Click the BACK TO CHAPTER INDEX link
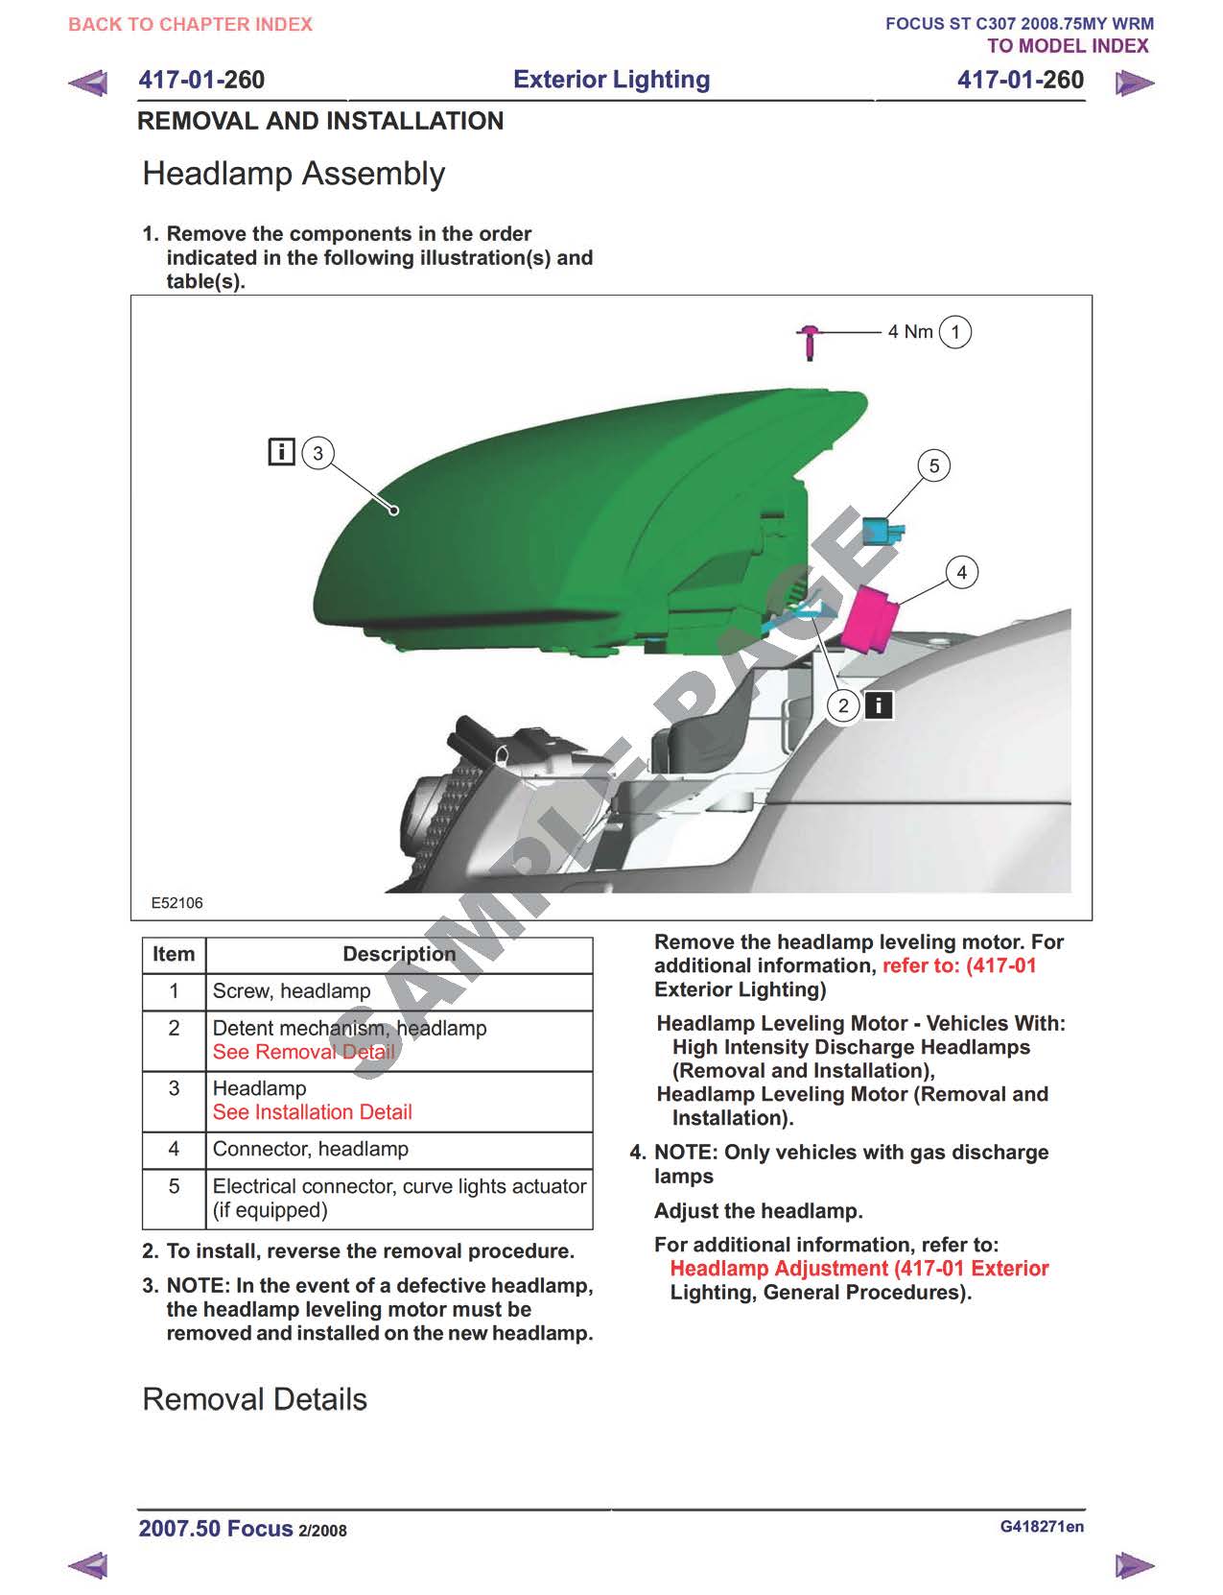tap(190, 24)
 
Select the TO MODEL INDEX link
tap(1067, 46)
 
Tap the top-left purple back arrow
tap(88, 83)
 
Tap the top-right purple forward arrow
tap(1135, 83)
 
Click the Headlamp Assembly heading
tap(294, 174)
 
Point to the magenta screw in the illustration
tap(811, 341)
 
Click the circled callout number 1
tap(954, 332)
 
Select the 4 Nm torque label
tap(909, 332)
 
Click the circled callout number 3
tap(318, 453)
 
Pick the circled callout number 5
tap(933, 466)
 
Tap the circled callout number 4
tap(961, 573)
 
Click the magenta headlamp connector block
tap(870, 617)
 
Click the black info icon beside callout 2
tap(879, 705)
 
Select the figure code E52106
tap(177, 903)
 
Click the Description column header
tap(399, 954)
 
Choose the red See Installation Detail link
tap(312, 1112)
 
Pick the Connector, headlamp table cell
tap(311, 1149)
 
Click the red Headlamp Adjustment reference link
tap(858, 1269)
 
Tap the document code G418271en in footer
tap(1042, 1527)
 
